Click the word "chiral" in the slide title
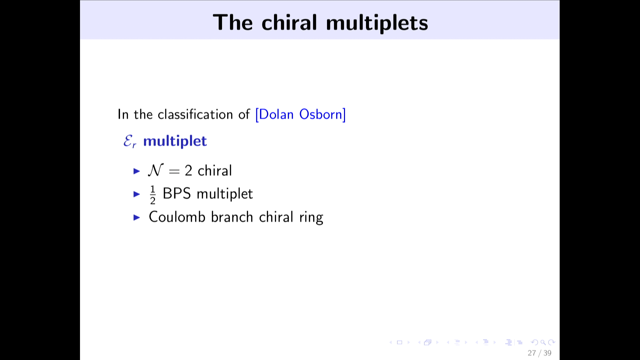289,23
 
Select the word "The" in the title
233,23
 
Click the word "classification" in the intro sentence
195,114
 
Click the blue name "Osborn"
321,114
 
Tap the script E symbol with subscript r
130,141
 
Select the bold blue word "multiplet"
175,141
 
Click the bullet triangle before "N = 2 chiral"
137,171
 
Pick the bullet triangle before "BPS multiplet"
137,194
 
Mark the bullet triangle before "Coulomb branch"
137,217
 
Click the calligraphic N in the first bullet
156,170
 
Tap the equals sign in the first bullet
174,171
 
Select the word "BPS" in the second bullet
177,194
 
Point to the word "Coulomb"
177,217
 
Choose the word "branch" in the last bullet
232,217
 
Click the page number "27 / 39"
539,353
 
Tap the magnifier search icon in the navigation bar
543,342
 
